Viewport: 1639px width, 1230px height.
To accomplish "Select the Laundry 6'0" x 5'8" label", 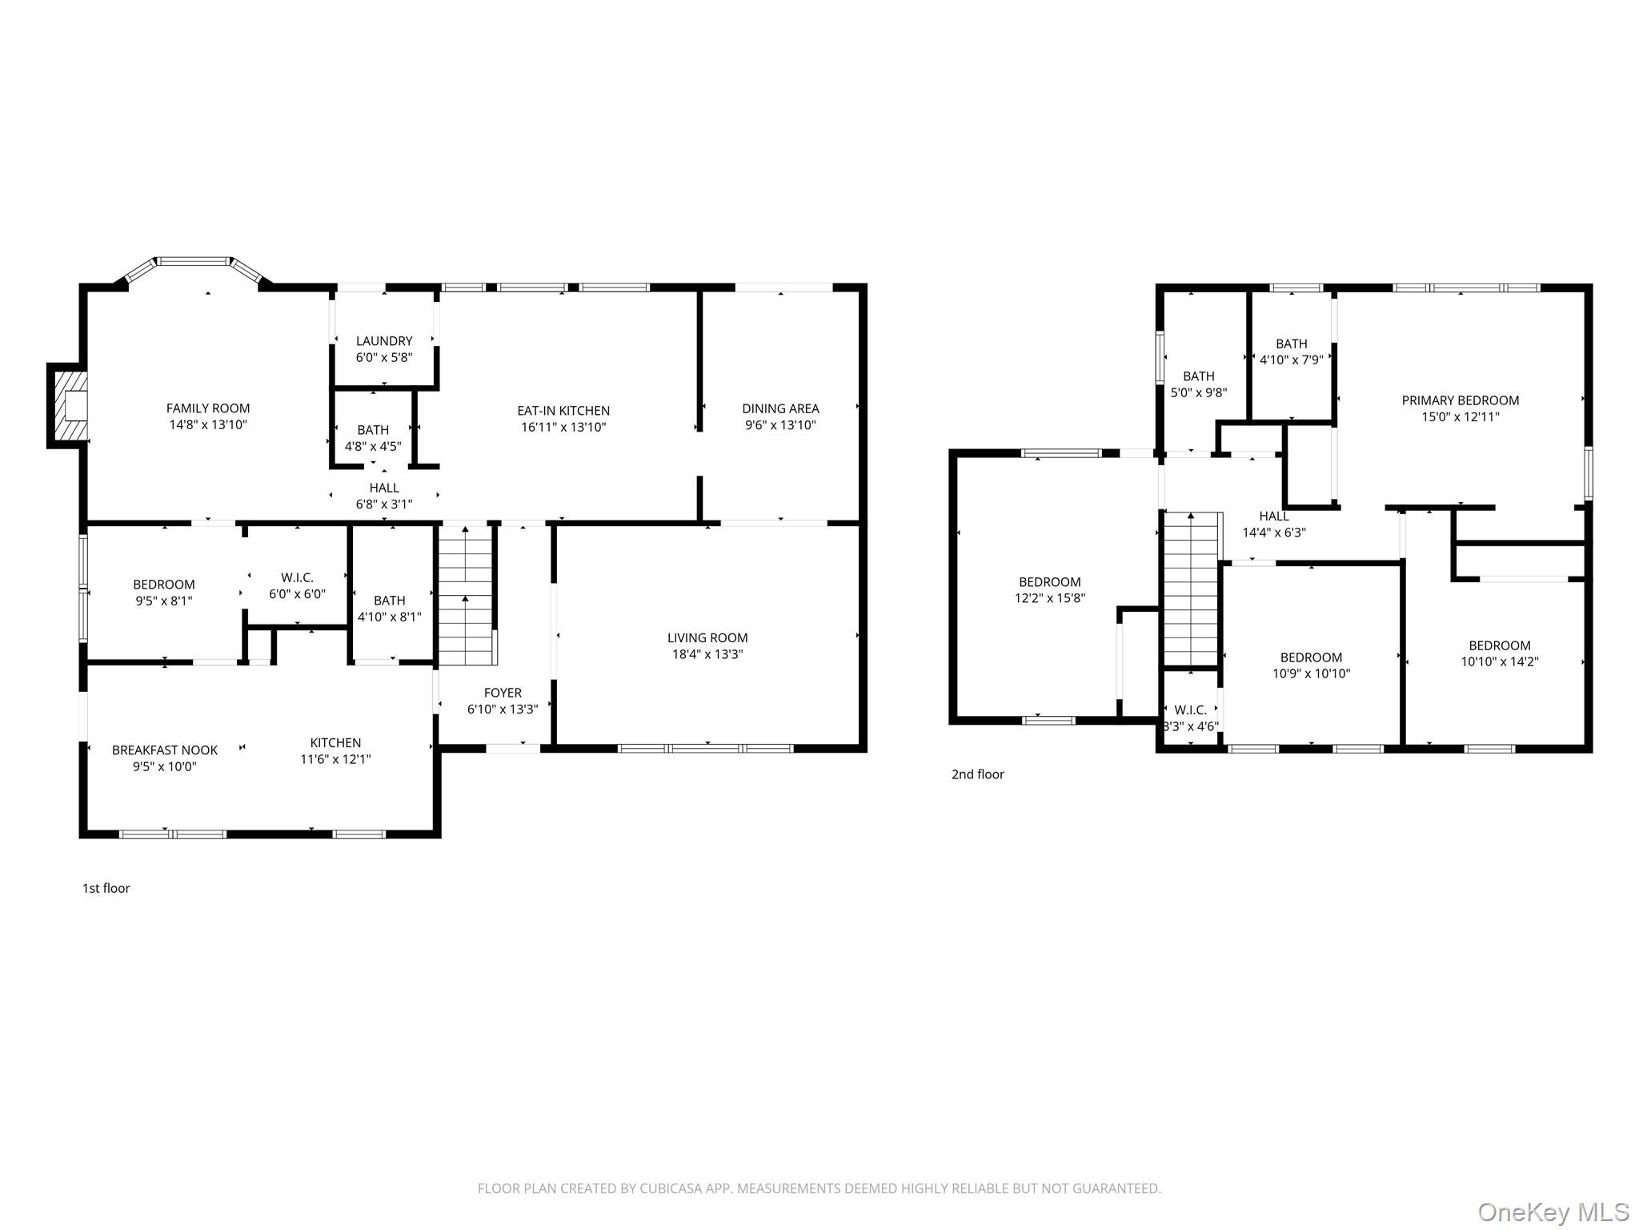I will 384,349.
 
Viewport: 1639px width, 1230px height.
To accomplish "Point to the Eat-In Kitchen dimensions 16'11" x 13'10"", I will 563,428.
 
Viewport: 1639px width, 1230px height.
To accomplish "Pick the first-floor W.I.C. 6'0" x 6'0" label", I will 297,585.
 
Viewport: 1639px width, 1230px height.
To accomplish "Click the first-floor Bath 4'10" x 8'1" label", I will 389,609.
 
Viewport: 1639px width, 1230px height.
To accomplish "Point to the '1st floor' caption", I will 106,888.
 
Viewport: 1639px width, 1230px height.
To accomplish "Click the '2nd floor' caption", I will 977,774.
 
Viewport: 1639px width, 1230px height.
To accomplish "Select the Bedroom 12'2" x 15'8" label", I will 1049,590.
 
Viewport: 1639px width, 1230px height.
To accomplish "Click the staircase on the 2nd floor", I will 1191,593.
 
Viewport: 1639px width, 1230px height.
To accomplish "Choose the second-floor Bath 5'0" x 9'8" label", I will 1198,384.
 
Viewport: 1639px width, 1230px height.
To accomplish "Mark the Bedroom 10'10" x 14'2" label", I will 1499,653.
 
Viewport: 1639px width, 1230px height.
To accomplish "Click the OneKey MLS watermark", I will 1553,1212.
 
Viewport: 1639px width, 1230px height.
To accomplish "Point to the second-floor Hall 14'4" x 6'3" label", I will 1273,524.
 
